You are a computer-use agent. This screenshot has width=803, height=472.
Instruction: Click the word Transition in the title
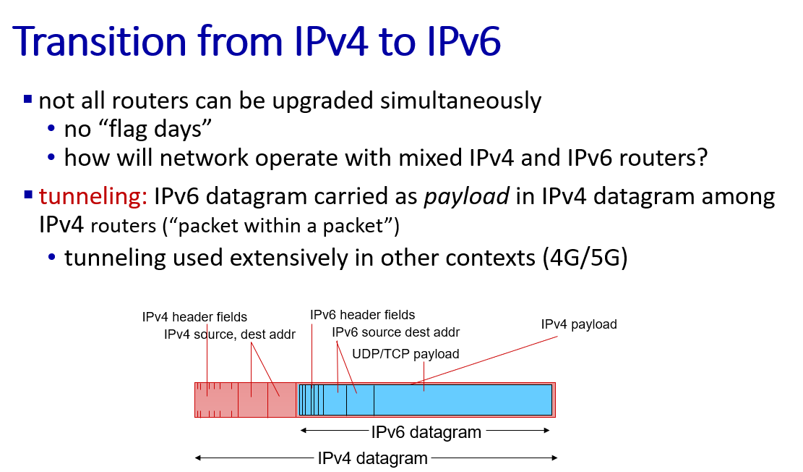click(99, 41)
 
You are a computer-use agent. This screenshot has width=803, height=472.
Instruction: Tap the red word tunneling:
click(93, 196)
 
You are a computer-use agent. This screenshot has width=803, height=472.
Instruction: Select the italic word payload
click(466, 197)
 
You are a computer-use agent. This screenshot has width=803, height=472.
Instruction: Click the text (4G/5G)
click(585, 258)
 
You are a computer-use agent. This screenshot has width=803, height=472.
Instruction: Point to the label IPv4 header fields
click(194, 317)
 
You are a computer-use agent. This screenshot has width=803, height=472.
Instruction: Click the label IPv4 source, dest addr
click(230, 334)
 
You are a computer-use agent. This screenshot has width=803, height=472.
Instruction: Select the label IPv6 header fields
click(363, 315)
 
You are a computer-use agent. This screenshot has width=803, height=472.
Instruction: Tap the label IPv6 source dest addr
click(396, 332)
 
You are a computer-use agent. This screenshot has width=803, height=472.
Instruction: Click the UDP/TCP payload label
click(405, 354)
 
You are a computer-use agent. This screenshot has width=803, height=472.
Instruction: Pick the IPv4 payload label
click(579, 324)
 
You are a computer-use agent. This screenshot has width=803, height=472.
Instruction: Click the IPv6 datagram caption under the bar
click(426, 432)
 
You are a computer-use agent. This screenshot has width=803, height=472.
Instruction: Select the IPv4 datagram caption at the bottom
click(373, 458)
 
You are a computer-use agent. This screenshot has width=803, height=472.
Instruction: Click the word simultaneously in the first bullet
click(461, 101)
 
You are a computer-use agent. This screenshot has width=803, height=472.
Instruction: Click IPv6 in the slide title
click(463, 41)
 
